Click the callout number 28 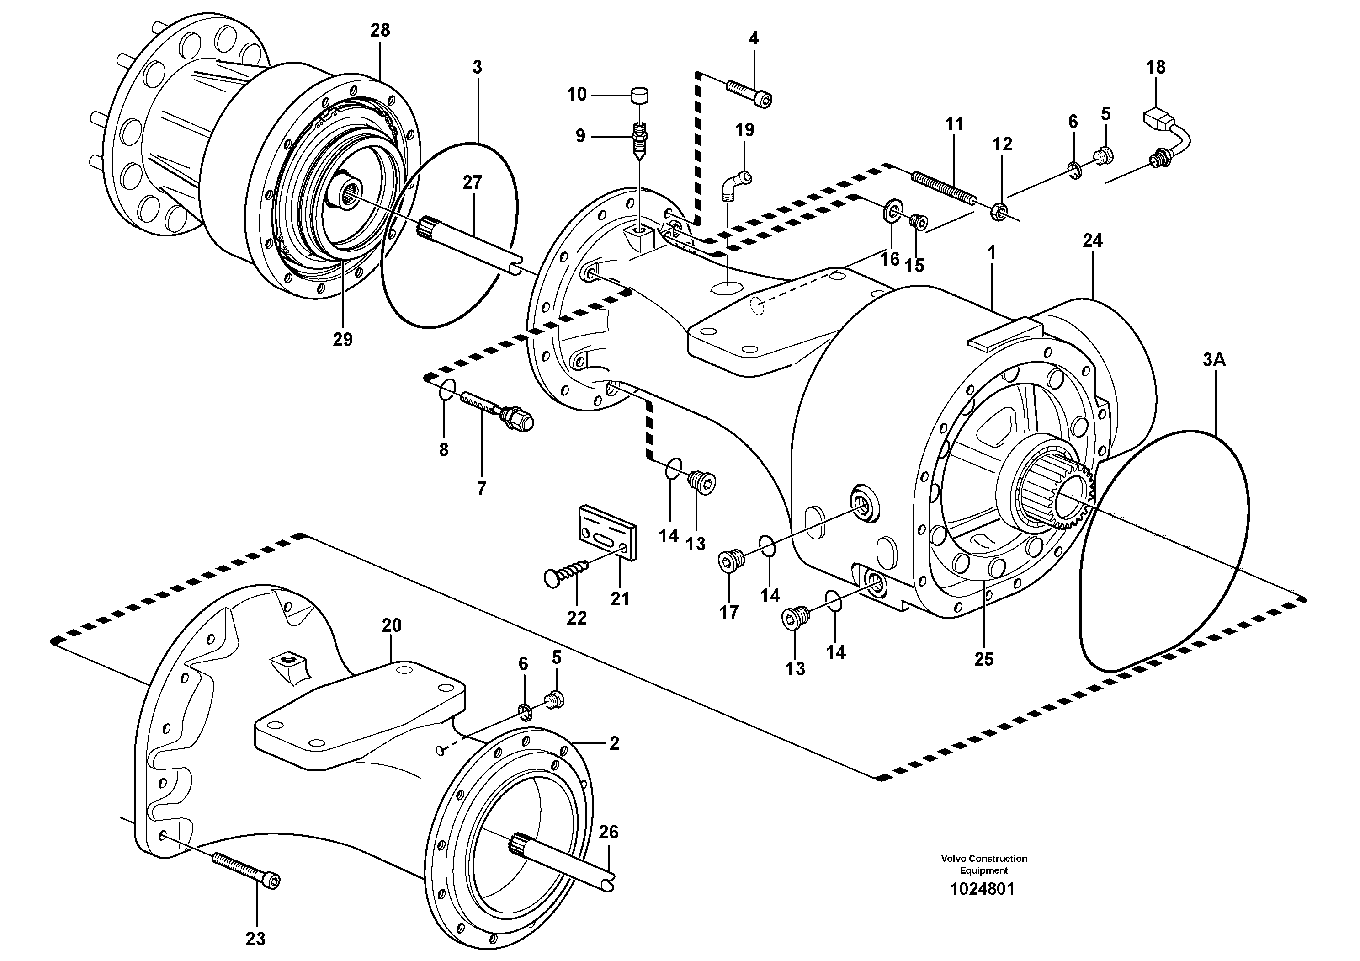pyautogui.click(x=380, y=30)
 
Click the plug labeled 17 pyautogui.click(x=729, y=560)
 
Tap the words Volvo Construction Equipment pyautogui.click(x=984, y=864)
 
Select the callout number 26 pyautogui.click(x=608, y=832)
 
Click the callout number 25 pyautogui.click(x=984, y=659)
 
